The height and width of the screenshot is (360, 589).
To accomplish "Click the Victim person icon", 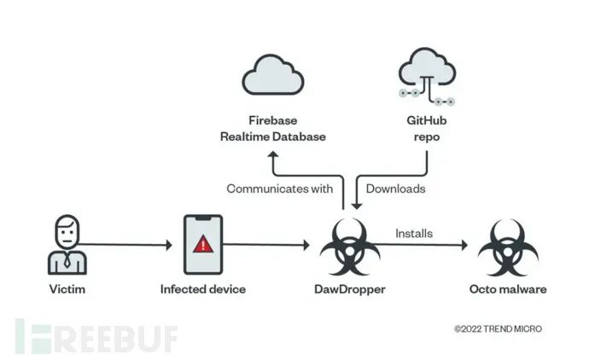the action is click(x=67, y=244).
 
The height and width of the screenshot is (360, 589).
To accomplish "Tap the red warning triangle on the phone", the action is click(x=203, y=244).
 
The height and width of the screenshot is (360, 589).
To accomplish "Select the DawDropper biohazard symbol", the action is click(x=350, y=247).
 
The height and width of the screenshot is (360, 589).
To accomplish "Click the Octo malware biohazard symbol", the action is click(x=508, y=247).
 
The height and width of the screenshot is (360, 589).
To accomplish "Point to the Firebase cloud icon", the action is click(x=273, y=75).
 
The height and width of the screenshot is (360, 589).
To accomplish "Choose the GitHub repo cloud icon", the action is click(x=427, y=76).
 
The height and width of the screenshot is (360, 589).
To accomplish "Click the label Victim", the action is click(x=67, y=289).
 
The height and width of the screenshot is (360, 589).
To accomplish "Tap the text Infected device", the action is click(x=203, y=289).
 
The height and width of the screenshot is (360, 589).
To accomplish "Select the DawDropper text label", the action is click(x=350, y=289).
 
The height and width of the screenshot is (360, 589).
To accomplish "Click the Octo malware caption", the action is click(x=508, y=289).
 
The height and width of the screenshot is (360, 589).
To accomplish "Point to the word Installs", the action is click(x=414, y=234).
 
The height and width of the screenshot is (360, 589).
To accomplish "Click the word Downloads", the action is click(x=395, y=189).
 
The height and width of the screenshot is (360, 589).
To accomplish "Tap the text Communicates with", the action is click(x=280, y=189).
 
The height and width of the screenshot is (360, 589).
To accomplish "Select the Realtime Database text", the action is click(x=272, y=136).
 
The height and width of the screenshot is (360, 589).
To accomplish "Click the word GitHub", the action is click(x=427, y=120).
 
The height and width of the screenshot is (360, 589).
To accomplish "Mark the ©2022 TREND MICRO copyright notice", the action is click(x=499, y=328).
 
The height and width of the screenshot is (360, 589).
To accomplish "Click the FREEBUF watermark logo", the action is click(x=96, y=336).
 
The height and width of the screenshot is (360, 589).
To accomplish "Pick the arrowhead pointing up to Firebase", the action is click(x=273, y=154).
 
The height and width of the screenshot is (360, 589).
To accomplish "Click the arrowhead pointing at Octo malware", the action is click(x=464, y=245).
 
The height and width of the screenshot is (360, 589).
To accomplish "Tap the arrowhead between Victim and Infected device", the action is click(x=169, y=245).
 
